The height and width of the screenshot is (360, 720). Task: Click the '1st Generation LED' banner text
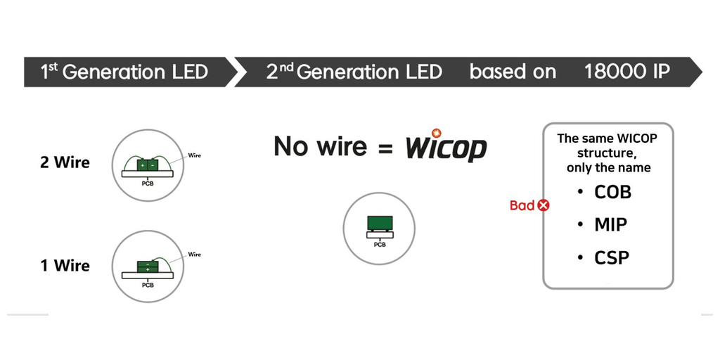click(x=124, y=72)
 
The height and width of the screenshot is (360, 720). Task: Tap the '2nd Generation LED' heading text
click(x=354, y=72)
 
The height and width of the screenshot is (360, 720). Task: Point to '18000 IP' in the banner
click(x=626, y=72)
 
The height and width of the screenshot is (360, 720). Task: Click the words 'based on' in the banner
click(x=513, y=72)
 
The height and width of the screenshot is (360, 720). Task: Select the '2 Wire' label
click(x=65, y=162)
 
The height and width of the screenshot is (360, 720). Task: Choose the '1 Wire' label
click(x=65, y=265)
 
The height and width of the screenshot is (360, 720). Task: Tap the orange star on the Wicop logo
click(x=436, y=133)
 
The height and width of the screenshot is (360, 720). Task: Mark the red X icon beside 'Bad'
click(x=544, y=205)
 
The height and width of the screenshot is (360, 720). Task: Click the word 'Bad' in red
click(x=522, y=205)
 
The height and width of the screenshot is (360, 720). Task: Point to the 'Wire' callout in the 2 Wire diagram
click(x=195, y=155)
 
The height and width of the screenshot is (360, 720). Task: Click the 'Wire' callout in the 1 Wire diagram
click(x=195, y=255)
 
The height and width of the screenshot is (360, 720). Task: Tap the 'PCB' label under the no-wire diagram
click(x=380, y=245)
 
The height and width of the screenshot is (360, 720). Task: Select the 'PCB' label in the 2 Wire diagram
click(x=148, y=184)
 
